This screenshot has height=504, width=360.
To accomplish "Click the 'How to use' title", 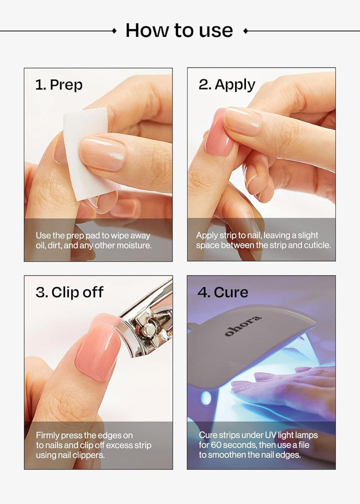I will [179, 30].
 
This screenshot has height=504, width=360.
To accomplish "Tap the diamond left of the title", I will [114, 31].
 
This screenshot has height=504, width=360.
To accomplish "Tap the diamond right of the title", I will [245, 31].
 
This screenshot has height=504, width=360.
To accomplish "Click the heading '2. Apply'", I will [226, 84].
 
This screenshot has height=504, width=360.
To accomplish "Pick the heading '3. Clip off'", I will [69, 292].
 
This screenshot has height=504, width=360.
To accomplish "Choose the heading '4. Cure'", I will [222, 292].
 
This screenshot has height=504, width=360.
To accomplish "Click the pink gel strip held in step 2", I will [218, 132].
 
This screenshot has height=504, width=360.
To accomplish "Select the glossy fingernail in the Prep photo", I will [102, 153].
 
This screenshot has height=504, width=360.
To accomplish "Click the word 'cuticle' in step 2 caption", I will [317, 245].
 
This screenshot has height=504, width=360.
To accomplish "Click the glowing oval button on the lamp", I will [205, 398].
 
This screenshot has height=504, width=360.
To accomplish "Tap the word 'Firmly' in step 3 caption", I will [48, 435].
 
